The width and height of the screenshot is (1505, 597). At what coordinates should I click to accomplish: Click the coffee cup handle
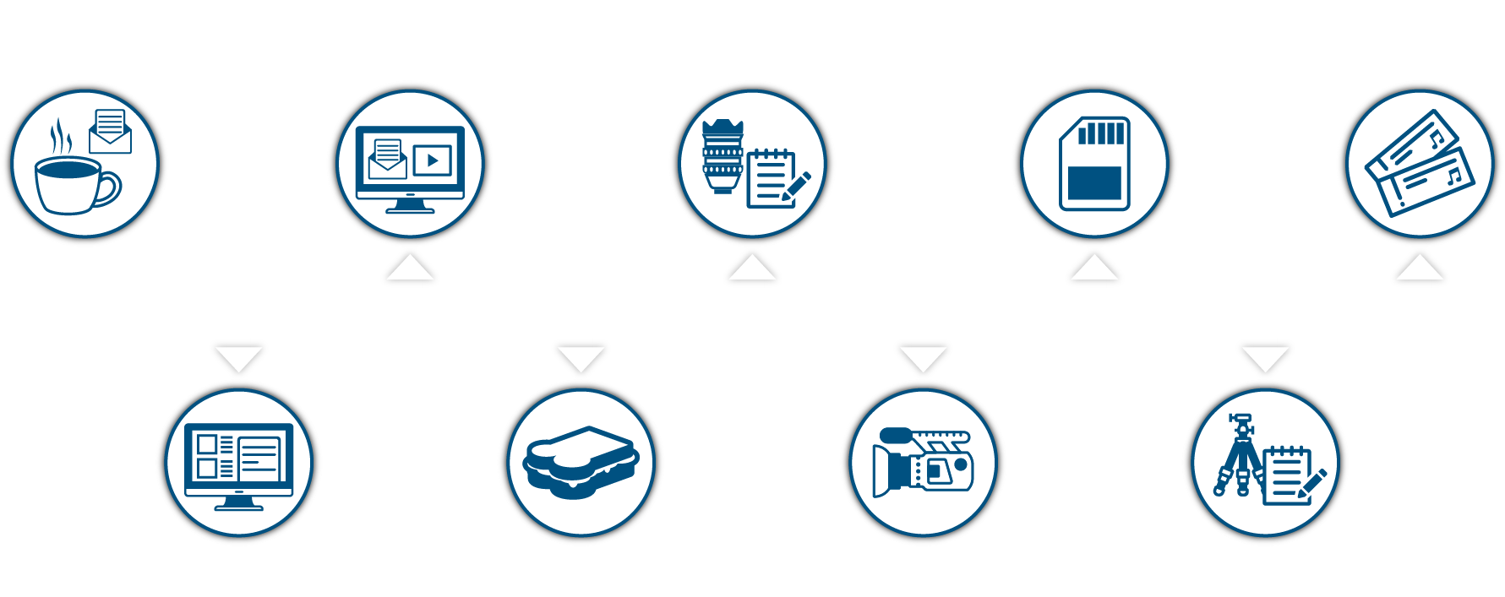111,189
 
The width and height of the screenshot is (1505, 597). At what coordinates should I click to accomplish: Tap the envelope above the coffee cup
111,132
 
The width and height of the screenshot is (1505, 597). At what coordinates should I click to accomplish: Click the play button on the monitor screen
433,160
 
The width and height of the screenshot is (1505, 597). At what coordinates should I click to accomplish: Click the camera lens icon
723,156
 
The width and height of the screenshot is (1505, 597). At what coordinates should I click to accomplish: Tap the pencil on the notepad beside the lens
797,186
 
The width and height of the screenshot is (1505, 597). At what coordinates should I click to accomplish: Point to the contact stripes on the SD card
1102,133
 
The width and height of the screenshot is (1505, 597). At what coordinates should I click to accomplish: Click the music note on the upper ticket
1436,137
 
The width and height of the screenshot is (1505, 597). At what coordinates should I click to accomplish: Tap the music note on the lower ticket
1453,176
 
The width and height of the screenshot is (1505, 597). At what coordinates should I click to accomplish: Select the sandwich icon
581,462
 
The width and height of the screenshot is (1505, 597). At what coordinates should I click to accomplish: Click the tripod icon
1239,456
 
